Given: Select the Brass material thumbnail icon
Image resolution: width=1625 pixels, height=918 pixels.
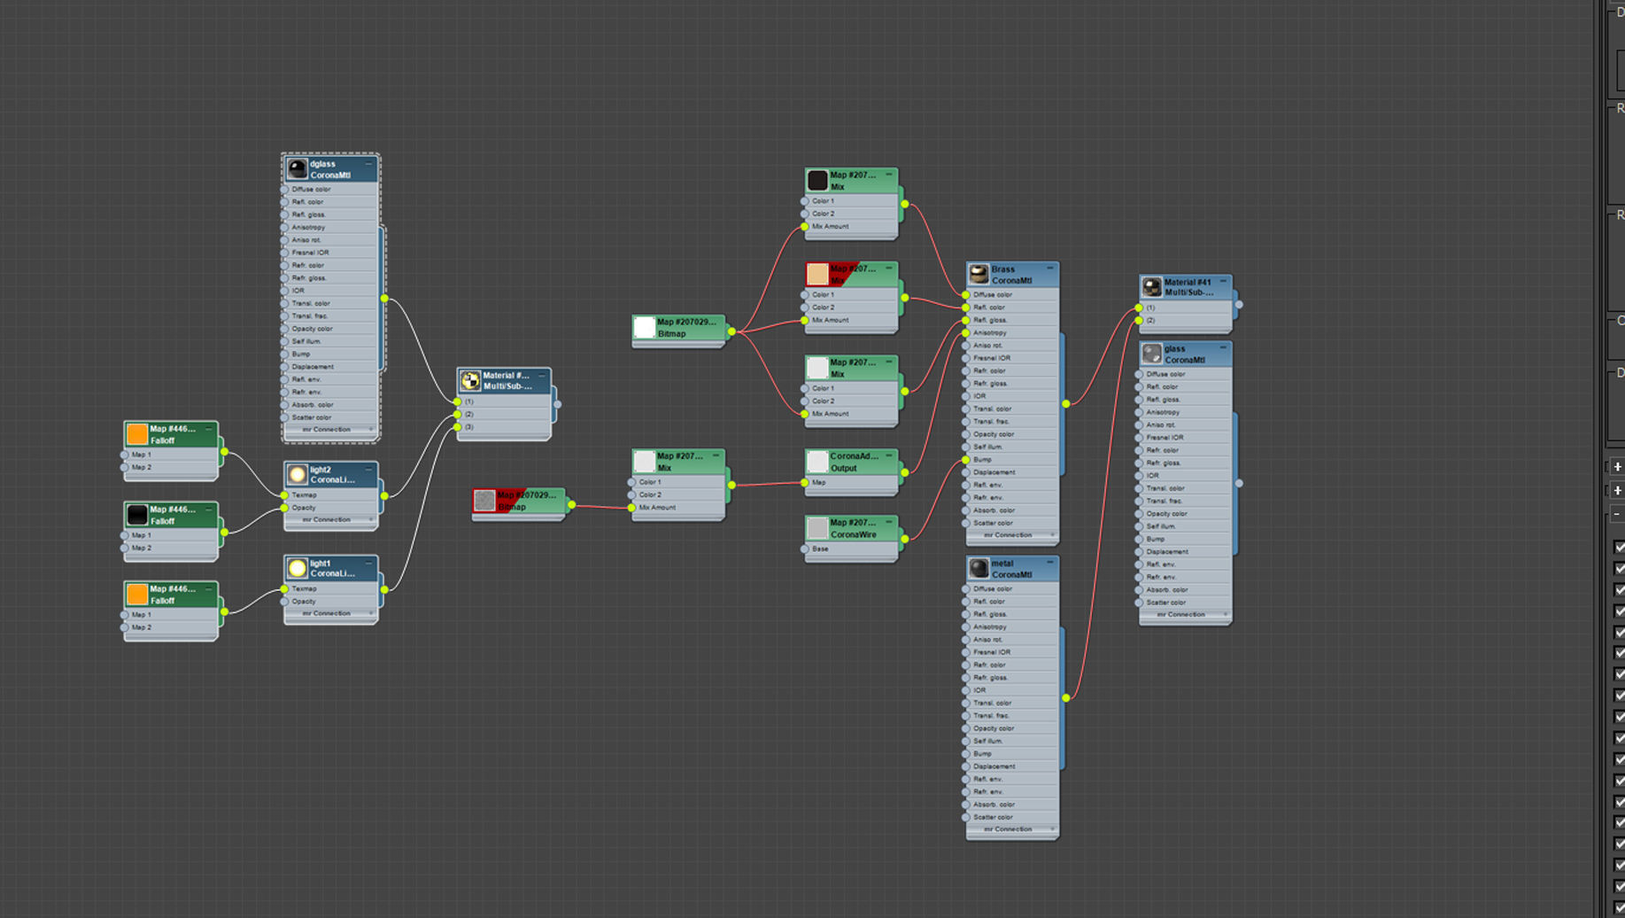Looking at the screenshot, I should click(x=979, y=275).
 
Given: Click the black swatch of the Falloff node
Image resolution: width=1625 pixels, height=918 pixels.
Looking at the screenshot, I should click(x=137, y=515).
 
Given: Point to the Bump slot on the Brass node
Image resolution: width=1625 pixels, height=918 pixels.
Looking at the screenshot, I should click(x=983, y=460).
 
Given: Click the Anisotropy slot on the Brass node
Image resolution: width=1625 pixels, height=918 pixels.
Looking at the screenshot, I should click(x=989, y=333).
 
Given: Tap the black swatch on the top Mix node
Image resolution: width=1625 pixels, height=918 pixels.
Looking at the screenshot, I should click(x=817, y=181).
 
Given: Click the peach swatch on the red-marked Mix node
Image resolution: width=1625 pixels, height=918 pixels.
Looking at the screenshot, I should click(x=817, y=274).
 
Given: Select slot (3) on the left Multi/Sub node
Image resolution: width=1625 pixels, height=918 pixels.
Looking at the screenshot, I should click(x=469, y=427).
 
